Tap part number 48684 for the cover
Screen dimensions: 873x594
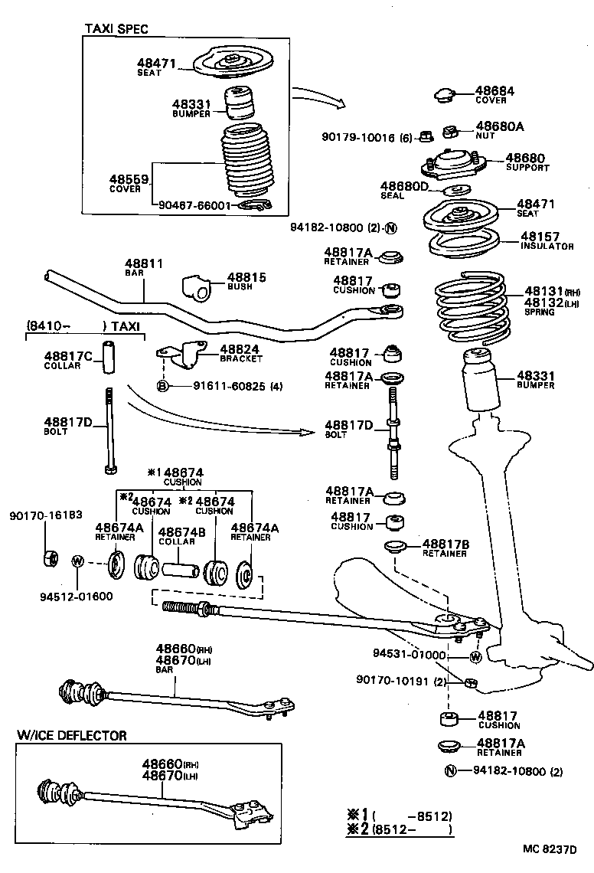point(494,90)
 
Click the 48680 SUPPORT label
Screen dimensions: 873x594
point(527,162)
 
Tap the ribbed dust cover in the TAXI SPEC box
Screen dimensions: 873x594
point(246,163)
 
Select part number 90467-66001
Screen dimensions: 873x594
point(194,205)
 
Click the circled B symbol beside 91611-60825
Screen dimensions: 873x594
point(162,386)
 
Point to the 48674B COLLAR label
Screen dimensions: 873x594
point(177,535)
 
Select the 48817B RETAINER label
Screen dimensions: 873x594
point(445,548)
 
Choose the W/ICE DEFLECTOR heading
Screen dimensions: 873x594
point(72,735)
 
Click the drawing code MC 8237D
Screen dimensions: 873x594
point(549,849)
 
